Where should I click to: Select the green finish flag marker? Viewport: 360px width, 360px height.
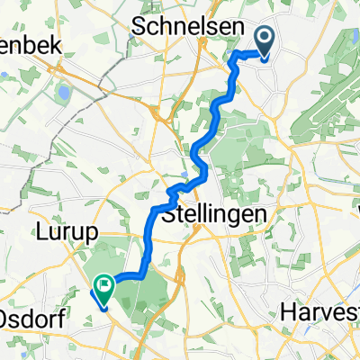click(104, 289)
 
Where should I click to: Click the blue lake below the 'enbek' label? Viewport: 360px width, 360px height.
click(64, 93)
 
